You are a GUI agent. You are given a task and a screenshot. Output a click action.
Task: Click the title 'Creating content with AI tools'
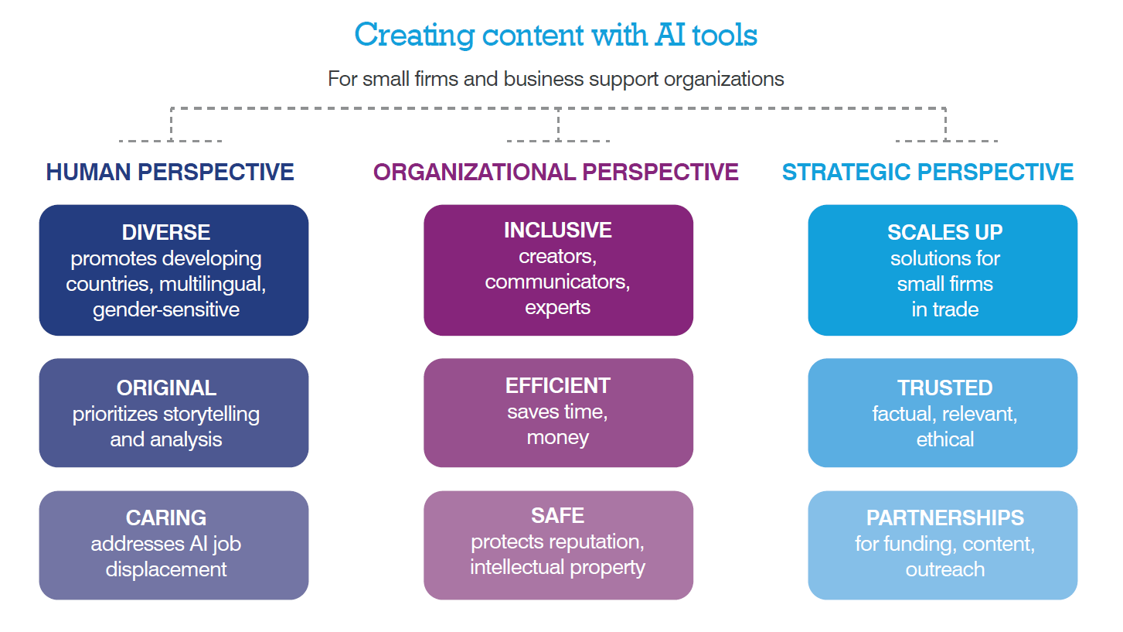click(556, 36)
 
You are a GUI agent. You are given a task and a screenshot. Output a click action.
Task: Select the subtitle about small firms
click(556, 79)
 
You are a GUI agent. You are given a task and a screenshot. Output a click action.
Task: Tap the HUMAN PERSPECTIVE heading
click(170, 172)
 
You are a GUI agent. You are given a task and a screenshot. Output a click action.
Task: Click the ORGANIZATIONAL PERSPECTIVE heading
click(556, 172)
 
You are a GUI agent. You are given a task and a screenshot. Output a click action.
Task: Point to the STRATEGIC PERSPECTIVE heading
click(927, 172)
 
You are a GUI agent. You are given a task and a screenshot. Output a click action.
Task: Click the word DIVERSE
click(166, 232)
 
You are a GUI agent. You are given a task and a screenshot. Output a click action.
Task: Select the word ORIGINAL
click(166, 388)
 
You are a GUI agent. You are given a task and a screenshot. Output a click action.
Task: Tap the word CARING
click(166, 518)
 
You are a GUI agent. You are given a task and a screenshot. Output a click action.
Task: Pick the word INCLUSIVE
click(557, 231)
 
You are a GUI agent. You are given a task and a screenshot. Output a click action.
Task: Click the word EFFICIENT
click(557, 386)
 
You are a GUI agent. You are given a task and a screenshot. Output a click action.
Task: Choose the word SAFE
click(557, 515)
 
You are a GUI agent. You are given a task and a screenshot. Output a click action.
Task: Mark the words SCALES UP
click(944, 232)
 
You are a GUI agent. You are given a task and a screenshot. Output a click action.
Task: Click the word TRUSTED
click(944, 388)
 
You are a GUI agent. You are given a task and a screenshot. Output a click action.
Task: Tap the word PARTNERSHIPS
click(944, 518)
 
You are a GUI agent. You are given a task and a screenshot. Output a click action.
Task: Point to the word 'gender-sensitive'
click(166, 310)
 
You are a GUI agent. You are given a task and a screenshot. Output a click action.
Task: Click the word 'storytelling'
click(211, 415)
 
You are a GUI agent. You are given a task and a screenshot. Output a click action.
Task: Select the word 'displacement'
click(166, 570)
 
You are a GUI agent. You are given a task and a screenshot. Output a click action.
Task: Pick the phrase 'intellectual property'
click(557, 567)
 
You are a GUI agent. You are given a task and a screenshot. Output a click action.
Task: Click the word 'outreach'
click(944, 570)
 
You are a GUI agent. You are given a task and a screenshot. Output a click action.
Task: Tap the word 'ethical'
click(944, 440)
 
